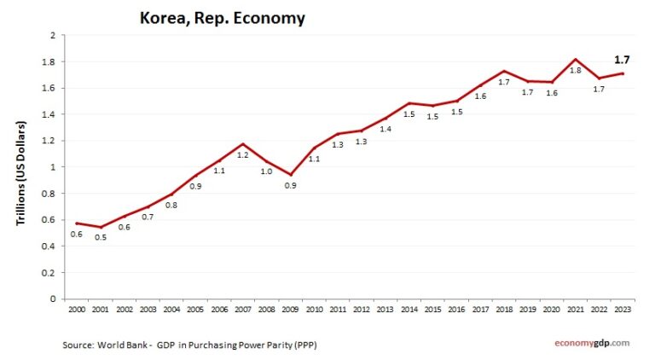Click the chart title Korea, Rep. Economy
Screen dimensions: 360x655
click(x=223, y=18)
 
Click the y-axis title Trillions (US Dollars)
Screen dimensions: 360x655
click(x=21, y=173)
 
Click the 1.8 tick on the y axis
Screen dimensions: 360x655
click(x=49, y=61)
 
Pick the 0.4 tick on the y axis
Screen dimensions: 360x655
click(x=49, y=247)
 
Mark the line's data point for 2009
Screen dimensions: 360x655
click(x=291, y=174)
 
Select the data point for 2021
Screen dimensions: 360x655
click(x=577, y=60)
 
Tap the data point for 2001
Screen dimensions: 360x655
click(x=101, y=227)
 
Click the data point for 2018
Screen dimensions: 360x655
click(x=505, y=72)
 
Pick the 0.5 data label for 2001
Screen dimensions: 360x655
click(x=101, y=237)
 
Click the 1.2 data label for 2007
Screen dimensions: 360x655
click(x=243, y=154)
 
